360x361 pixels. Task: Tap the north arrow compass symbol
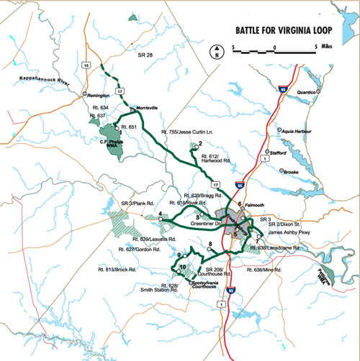(215, 51)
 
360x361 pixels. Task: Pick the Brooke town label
(291, 173)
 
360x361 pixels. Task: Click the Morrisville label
(146, 107)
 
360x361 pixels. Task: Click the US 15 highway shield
(87, 65)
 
